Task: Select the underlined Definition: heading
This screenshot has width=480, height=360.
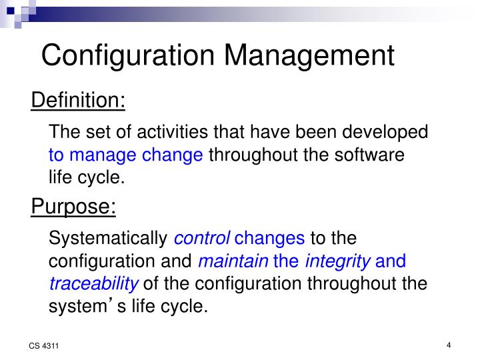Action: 78,101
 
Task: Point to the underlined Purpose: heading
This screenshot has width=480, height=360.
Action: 73,207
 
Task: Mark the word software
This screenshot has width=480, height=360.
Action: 372,155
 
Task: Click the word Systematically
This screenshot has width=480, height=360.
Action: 109,238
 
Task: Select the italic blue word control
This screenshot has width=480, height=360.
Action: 202,238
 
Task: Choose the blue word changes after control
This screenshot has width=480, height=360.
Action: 270,238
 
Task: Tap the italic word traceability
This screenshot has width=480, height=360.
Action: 94,284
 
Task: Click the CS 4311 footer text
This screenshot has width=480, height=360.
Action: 42,347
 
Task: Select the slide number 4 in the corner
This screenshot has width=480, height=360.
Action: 449,345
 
